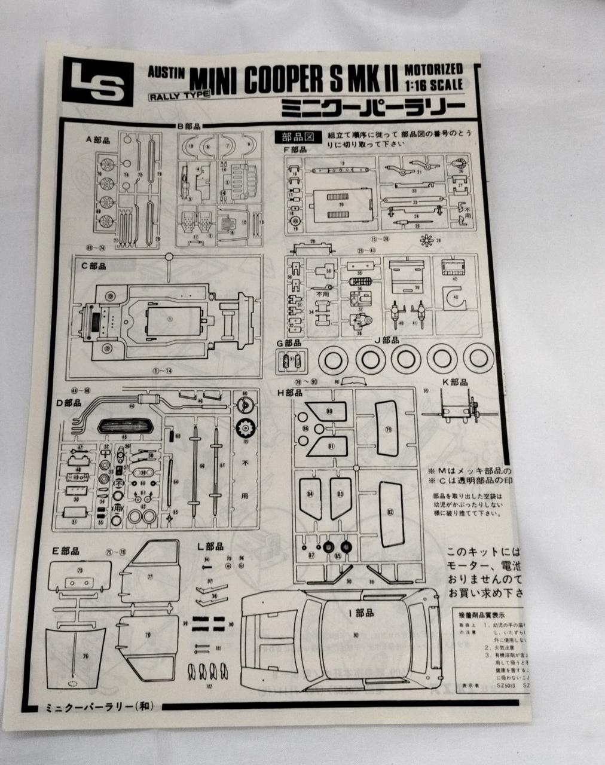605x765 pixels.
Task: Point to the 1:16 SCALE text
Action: coord(433,85)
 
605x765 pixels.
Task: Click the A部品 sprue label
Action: coord(98,140)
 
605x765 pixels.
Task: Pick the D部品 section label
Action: coord(69,403)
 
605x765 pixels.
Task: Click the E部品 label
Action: coord(66,550)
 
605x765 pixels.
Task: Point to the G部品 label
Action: coord(288,343)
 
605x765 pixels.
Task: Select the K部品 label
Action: coord(456,382)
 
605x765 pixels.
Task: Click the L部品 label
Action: coord(210,546)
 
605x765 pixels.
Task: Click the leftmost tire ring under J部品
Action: coord(332,360)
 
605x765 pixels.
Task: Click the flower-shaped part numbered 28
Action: coord(426,241)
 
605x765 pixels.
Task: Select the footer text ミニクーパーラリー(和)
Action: coord(99,707)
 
